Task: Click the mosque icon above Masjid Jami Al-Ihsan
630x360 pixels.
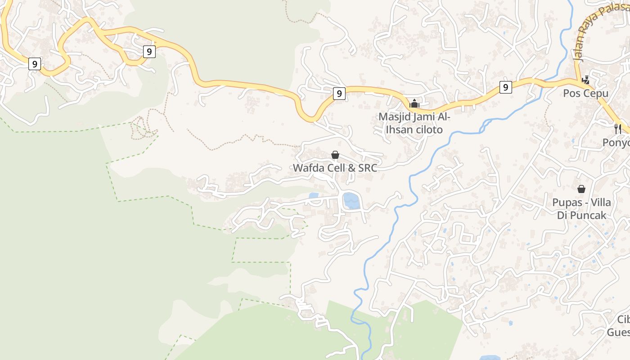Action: point(414,103)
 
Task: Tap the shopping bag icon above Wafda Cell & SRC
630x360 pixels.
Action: point(335,155)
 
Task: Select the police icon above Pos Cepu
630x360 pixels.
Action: point(585,80)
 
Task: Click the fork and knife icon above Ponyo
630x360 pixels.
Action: point(618,129)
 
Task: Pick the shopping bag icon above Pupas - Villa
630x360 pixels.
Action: point(581,189)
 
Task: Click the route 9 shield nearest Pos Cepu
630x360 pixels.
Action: point(505,87)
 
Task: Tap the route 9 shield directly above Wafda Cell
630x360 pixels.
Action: point(339,94)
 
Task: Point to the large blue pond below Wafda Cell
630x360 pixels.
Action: point(351,201)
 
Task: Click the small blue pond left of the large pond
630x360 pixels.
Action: point(314,196)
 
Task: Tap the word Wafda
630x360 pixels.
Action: point(308,168)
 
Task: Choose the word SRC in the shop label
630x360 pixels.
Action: point(367,168)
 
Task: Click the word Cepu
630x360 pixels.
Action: point(596,94)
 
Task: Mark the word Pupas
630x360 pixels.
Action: point(567,202)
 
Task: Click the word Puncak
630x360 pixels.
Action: point(590,215)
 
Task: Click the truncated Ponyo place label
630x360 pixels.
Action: point(616,143)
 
